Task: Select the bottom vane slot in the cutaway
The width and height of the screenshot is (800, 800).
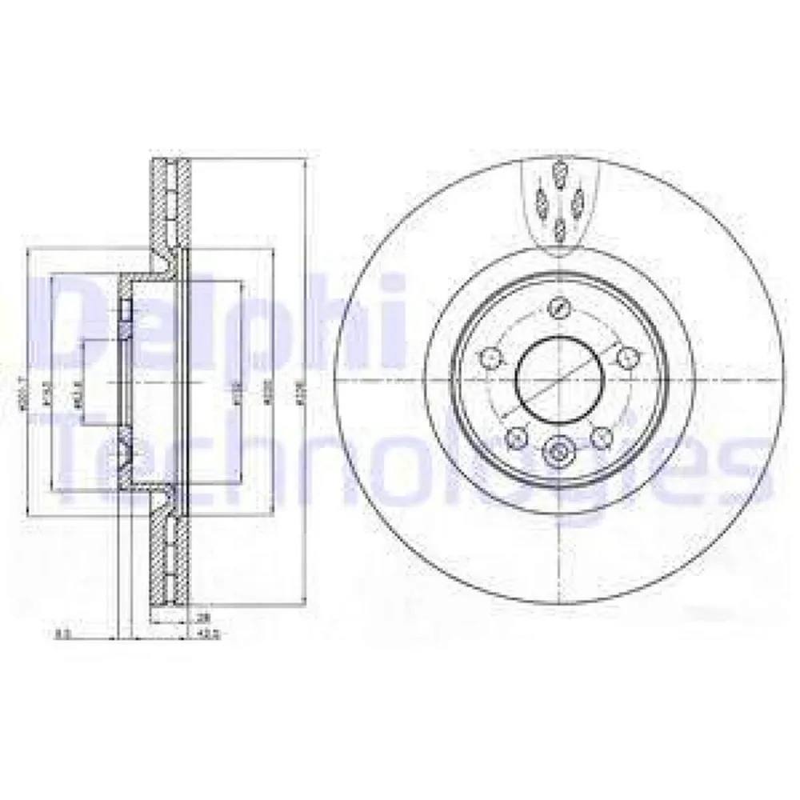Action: (x=559, y=230)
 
